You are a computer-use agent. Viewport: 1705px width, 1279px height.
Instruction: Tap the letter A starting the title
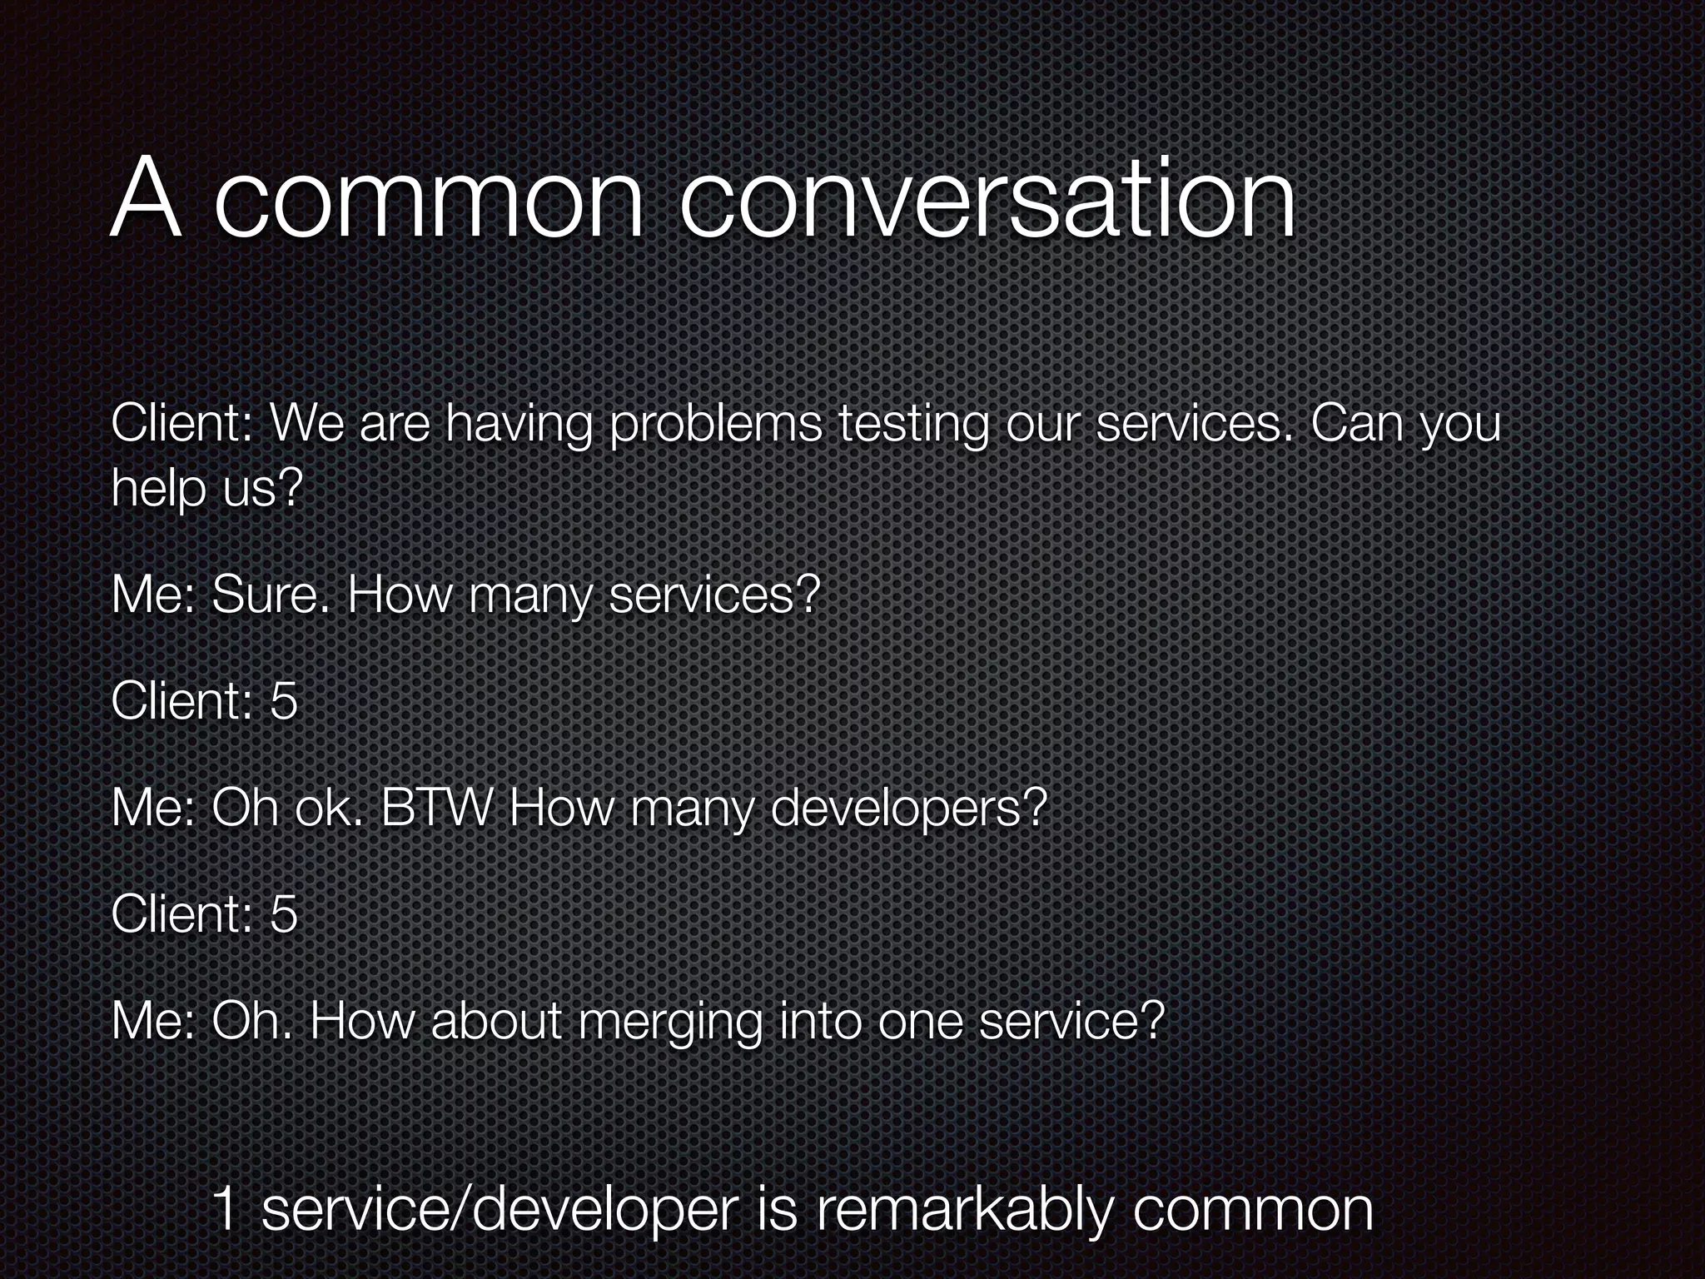[146, 200]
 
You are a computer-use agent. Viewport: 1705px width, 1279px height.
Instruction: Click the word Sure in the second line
[270, 595]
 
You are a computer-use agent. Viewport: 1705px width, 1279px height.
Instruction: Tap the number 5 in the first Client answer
[284, 701]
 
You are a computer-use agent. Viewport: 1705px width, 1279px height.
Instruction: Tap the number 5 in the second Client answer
[284, 914]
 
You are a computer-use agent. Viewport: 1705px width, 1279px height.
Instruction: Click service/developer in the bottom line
[500, 1212]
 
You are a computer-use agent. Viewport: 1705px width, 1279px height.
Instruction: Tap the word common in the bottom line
[1252, 1211]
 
